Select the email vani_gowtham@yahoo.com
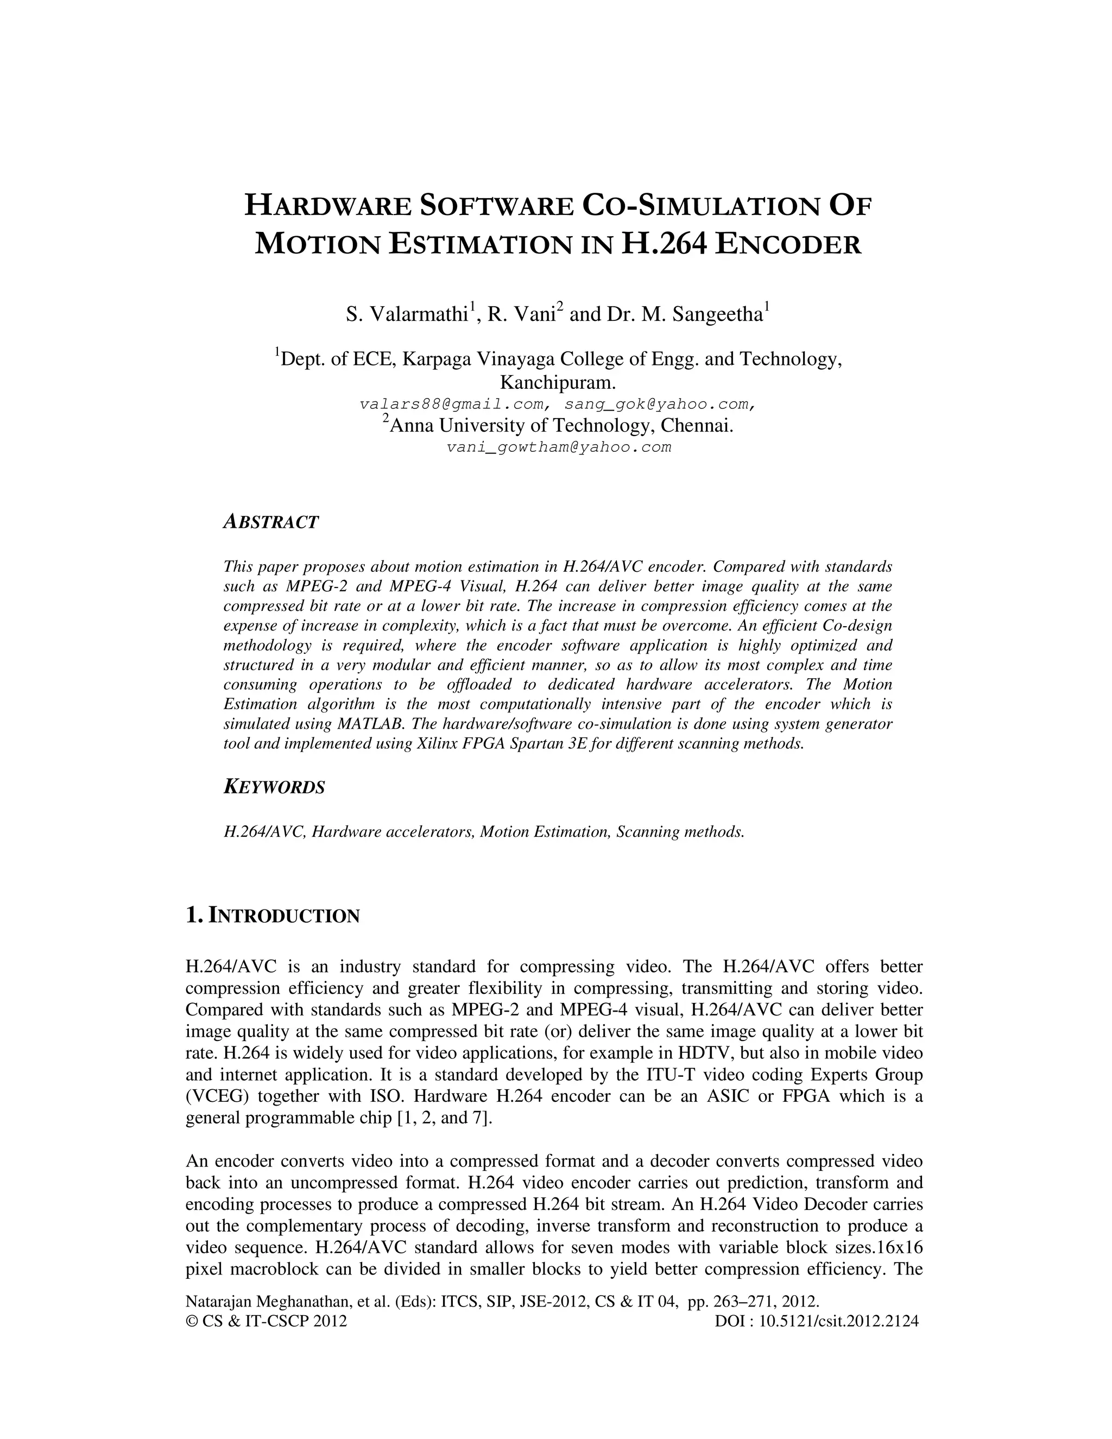(559, 447)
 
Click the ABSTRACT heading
(271, 522)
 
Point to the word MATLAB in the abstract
(370, 723)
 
